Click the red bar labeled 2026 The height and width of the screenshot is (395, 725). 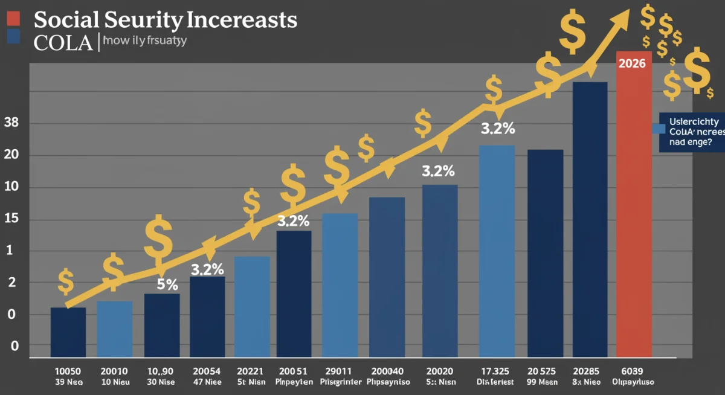point(634,205)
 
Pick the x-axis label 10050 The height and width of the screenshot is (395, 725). point(68,371)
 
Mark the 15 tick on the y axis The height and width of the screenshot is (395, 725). point(11,219)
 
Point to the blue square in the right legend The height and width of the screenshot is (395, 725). point(659,129)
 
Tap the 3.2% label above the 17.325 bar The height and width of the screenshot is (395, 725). point(497,129)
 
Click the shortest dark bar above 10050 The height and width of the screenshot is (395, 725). point(68,332)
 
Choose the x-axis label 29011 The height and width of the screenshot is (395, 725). point(339,371)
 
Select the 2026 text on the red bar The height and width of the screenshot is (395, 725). point(633,63)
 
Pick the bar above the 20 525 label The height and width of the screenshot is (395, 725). point(545,253)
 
